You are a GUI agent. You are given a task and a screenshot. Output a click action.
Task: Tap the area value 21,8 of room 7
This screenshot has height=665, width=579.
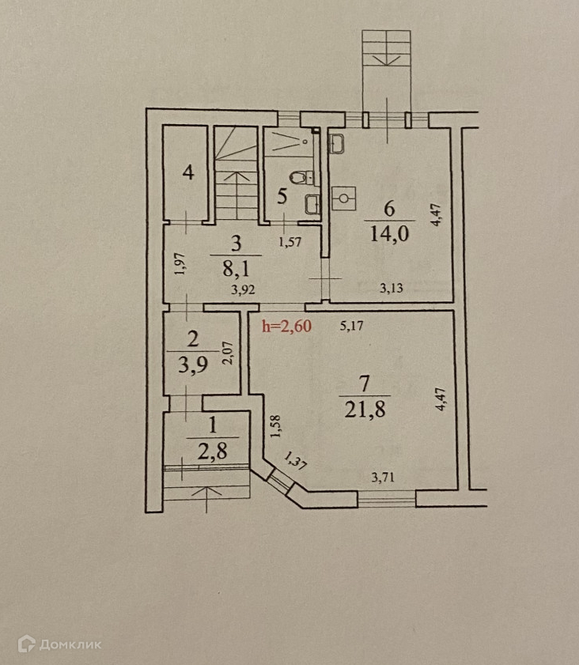(x=364, y=411)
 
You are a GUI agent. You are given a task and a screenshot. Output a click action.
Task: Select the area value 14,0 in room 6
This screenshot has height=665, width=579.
(x=388, y=236)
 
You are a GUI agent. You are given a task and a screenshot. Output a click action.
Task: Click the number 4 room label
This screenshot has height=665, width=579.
(x=188, y=172)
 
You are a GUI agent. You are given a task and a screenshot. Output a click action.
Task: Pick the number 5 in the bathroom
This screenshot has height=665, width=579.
(x=282, y=195)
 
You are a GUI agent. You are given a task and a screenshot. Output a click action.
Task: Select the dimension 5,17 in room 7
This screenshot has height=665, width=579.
(x=353, y=324)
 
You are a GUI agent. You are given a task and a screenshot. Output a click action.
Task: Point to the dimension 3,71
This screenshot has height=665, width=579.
(x=387, y=477)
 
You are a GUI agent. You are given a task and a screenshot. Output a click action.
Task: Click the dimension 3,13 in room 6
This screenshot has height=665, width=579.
(x=391, y=289)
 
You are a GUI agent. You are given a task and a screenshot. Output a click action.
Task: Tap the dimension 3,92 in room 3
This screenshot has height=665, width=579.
(x=243, y=289)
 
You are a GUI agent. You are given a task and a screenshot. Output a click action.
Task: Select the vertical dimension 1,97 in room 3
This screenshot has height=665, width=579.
(x=180, y=263)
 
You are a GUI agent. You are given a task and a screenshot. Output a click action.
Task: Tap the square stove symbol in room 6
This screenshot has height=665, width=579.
(x=343, y=196)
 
